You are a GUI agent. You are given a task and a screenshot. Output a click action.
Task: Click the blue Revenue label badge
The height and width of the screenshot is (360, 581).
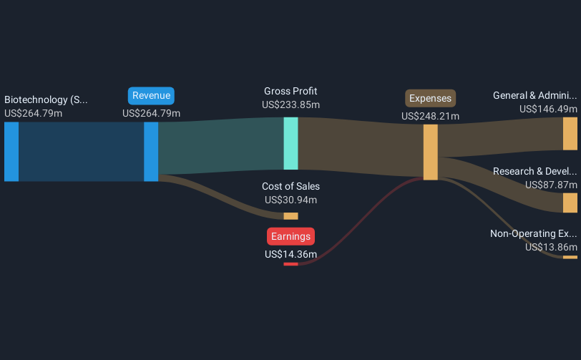pos(151,96)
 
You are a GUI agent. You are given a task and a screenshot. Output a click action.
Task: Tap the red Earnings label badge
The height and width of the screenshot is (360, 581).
pos(290,236)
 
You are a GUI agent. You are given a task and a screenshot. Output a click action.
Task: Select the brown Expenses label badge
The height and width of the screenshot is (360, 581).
pos(430,98)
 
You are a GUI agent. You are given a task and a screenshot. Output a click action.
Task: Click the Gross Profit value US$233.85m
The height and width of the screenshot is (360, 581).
pos(290,104)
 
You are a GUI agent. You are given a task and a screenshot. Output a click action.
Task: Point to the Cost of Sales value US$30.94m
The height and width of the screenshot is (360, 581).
pos(290,200)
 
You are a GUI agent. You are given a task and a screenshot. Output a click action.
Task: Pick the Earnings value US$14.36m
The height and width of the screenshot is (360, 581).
pos(290,253)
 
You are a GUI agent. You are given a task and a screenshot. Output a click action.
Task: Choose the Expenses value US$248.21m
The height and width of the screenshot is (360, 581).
pos(430,116)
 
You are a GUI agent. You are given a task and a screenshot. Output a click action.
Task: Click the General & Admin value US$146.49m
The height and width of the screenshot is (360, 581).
pos(548,109)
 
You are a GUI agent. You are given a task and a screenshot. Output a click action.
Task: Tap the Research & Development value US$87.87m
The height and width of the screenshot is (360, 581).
pos(551,185)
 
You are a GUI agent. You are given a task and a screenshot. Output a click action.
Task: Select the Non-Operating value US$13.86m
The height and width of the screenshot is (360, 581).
pos(551,247)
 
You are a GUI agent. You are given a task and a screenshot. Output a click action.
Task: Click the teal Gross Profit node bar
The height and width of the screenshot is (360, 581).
pos(290,143)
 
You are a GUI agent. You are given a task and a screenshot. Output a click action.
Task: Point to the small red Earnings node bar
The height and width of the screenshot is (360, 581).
pos(290,264)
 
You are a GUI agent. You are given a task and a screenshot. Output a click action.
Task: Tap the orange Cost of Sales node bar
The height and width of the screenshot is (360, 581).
pos(290,216)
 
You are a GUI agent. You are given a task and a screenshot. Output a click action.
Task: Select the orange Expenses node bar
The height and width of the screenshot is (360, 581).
pos(430,152)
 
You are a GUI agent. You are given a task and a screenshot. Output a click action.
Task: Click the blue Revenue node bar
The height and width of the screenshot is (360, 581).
pos(151,151)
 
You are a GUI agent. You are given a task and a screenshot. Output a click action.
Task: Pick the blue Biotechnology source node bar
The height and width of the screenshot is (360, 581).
pos(11,151)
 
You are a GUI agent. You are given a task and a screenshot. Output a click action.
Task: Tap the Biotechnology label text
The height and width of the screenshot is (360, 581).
pos(46,99)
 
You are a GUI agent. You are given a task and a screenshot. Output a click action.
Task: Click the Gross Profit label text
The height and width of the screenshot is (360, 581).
pos(290,91)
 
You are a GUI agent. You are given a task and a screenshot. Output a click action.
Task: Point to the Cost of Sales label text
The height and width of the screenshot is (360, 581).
pos(290,187)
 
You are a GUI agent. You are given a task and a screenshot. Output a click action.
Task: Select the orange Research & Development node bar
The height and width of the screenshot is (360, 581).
pos(570,203)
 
